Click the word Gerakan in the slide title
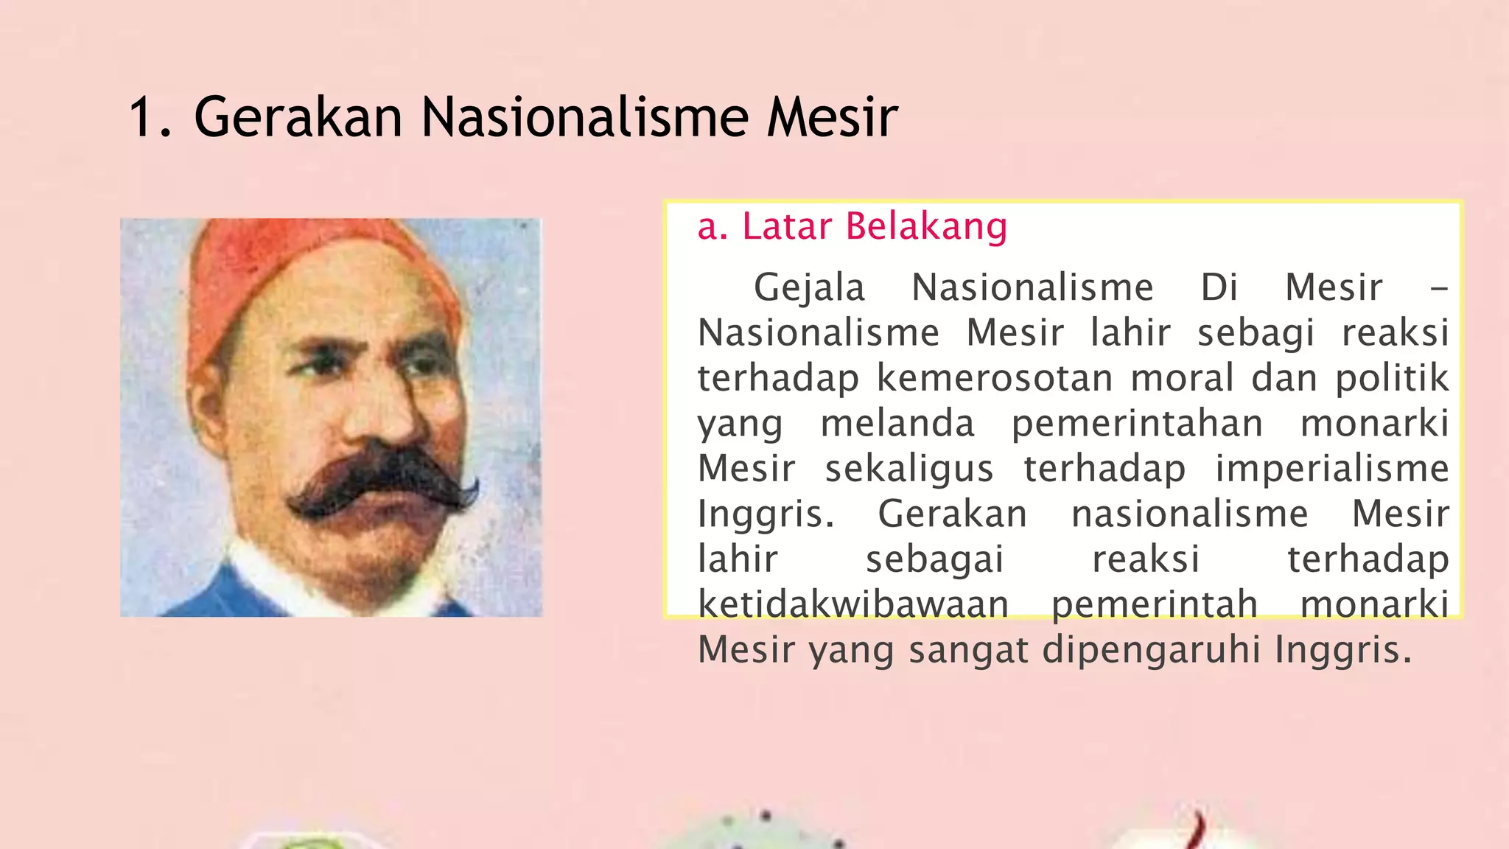[x=298, y=118]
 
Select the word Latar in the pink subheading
[x=786, y=226]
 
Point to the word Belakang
[x=926, y=226]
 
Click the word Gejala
[x=809, y=288]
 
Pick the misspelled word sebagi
[x=1256, y=333]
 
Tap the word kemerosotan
[x=995, y=379]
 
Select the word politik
[x=1392, y=379]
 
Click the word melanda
[x=897, y=424]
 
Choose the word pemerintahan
[x=1137, y=424]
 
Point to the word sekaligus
[x=909, y=469]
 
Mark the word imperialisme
[x=1332, y=469]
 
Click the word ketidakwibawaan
[x=853, y=605]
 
